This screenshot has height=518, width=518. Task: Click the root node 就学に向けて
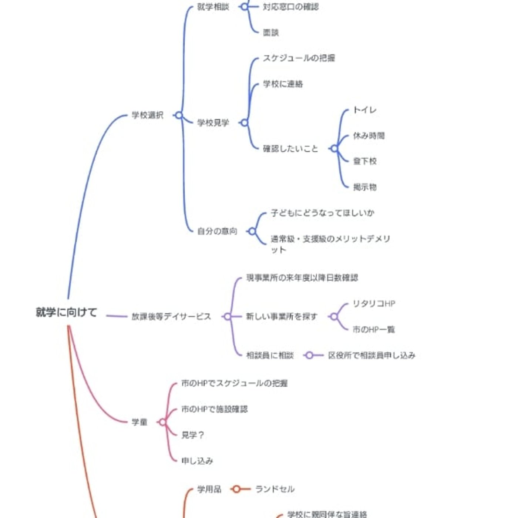pyautogui.click(x=66, y=312)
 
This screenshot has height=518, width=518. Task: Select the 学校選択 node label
pyautogui.click(x=147, y=115)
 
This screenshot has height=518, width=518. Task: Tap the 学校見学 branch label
pyautogui.click(x=213, y=122)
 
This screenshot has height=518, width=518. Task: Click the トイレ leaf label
pyautogui.click(x=364, y=110)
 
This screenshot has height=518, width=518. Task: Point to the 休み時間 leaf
pyautogui.click(x=369, y=135)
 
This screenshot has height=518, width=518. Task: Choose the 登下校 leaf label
pyautogui.click(x=365, y=161)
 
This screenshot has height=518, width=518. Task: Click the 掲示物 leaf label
pyautogui.click(x=365, y=187)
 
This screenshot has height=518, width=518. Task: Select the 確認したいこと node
pyautogui.click(x=290, y=148)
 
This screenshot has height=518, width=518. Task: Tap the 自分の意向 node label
pyautogui.click(x=217, y=231)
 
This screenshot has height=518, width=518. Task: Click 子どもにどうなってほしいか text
pyautogui.click(x=322, y=213)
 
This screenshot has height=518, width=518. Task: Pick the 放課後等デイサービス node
pyautogui.click(x=171, y=316)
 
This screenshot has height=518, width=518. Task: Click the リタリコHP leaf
pyautogui.click(x=374, y=304)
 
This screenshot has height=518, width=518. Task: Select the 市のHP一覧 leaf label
pyautogui.click(x=374, y=329)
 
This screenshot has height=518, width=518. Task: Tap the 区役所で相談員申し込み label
pyautogui.click(x=371, y=355)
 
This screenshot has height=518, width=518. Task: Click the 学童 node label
pyautogui.click(x=139, y=422)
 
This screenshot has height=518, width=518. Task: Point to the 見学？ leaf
pyautogui.click(x=192, y=435)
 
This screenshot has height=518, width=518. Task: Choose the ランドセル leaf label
pyautogui.click(x=275, y=489)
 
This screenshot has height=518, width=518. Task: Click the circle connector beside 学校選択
pyautogui.click(x=179, y=115)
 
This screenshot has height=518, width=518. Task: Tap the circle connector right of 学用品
pyautogui.click(x=236, y=489)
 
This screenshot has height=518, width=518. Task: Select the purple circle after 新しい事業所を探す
pyautogui.click(x=334, y=317)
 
